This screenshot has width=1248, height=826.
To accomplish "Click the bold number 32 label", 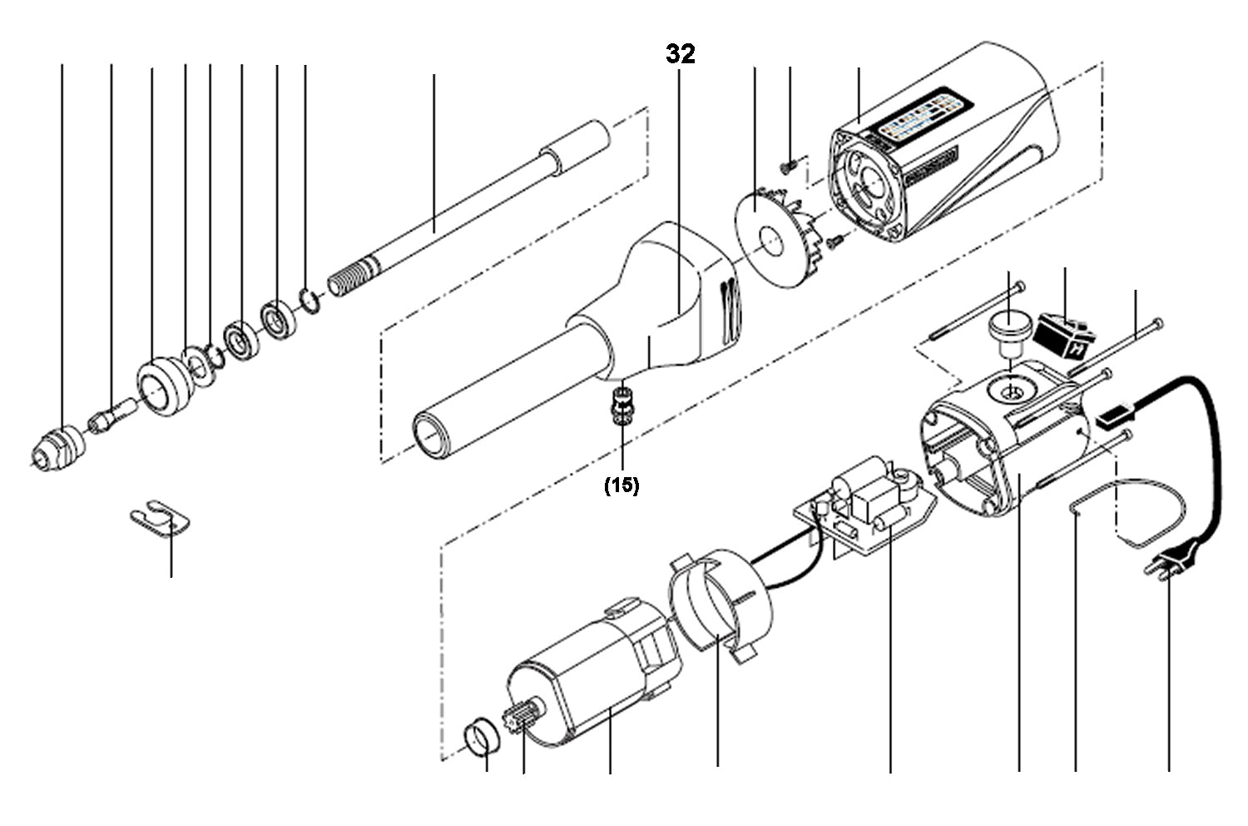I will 680,54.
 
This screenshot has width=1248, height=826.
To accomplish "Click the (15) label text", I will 622,486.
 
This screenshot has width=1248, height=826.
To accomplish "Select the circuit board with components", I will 865,505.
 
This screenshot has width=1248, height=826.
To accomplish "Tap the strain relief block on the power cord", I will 1114,415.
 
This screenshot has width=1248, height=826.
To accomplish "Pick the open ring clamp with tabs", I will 720,604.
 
